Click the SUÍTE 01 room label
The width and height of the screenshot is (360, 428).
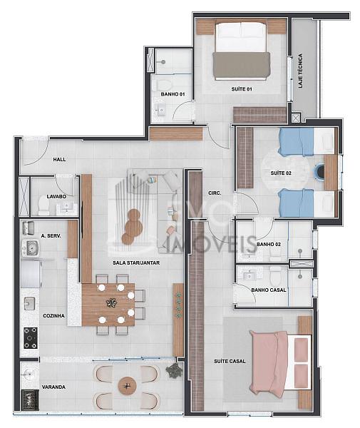pos(242,89)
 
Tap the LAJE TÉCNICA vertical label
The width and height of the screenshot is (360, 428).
pos(300,71)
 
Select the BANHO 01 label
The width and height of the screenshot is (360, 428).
pos(173,94)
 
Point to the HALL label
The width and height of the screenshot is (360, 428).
pos(59,159)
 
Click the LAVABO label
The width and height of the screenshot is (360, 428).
pos(56,197)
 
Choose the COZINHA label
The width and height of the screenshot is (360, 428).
pos(53,316)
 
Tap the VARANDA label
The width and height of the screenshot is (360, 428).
pos(53,387)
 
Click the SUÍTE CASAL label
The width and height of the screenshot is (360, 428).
pos(230,362)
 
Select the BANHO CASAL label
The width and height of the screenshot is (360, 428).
pos(269,290)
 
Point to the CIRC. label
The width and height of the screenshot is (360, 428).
pos(215,193)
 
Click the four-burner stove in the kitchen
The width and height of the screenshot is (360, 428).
pos(30,338)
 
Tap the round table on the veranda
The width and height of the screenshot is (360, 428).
pos(127,386)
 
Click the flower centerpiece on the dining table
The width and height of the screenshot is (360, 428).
pos(111,303)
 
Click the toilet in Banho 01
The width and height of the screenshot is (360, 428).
pos(164,85)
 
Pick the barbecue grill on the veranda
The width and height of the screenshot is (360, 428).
pos(30,399)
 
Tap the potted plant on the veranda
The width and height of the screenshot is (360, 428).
pos(174,371)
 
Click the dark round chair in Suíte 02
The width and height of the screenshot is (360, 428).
pos(320,171)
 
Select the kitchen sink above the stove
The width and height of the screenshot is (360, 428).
pos(29,303)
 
